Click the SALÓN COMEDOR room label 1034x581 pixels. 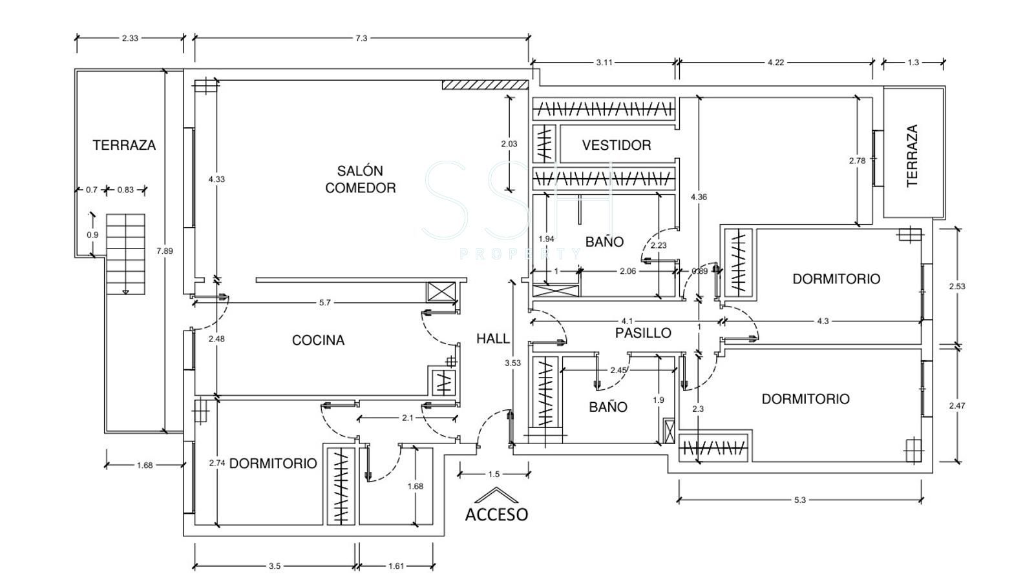tap(360, 179)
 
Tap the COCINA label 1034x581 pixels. tap(318, 340)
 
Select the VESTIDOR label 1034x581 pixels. tap(616, 145)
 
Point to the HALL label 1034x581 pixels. tap(492, 338)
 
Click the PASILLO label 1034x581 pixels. tap(642, 333)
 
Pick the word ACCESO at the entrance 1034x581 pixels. tap(496, 515)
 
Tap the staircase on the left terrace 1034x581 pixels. tap(125, 253)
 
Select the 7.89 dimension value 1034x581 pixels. tap(165, 251)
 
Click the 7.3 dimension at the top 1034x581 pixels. tap(361, 38)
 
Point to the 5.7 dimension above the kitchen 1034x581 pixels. tap(324, 302)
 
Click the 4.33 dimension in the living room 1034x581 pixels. tap(216, 179)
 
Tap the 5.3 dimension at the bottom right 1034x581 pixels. tap(799, 500)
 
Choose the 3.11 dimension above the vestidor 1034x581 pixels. tap(604, 63)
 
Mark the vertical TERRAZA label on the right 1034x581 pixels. tap(912, 156)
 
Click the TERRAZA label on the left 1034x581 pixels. tap(124, 145)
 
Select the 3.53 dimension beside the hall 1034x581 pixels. tap(512, 363)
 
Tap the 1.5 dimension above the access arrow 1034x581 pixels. tap(494, 474)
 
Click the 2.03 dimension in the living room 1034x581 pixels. tap(509, 144)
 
